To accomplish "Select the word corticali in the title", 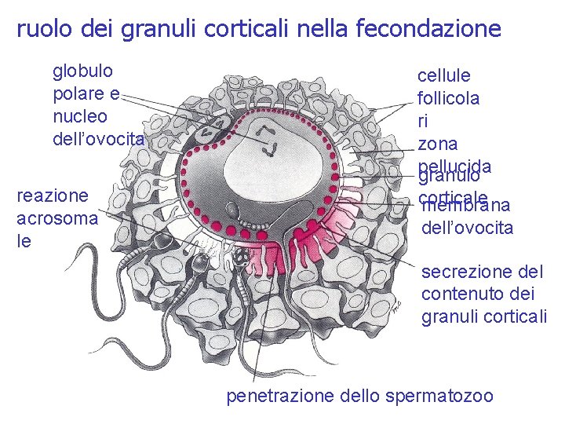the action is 252,29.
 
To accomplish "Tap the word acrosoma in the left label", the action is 57,218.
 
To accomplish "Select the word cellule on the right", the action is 444,76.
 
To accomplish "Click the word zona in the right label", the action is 437,144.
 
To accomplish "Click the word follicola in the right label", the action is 449,99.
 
